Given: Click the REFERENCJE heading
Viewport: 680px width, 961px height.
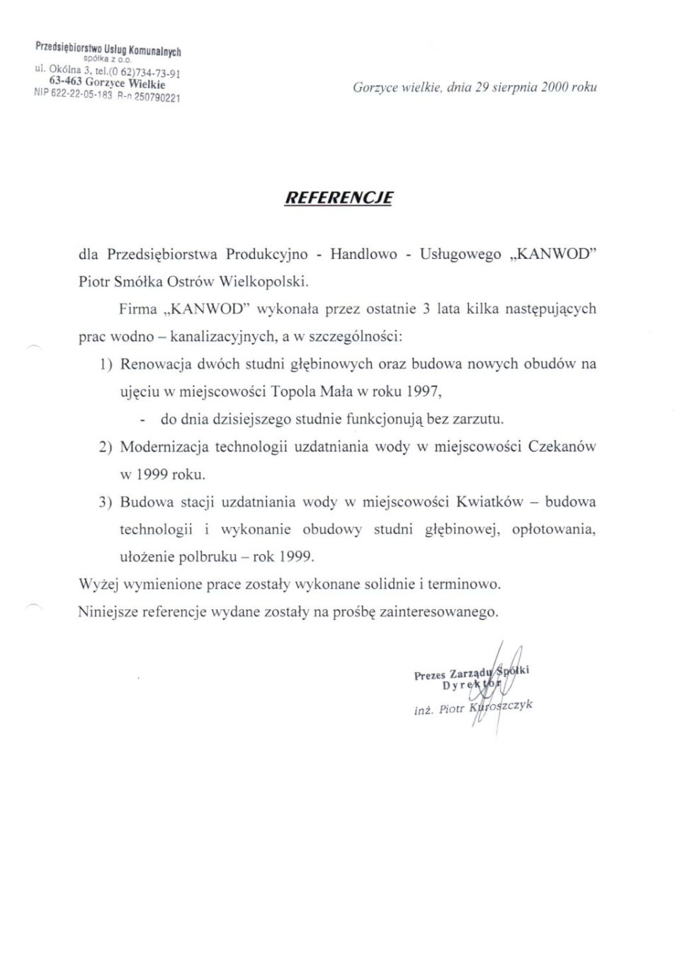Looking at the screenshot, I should pos(339,197).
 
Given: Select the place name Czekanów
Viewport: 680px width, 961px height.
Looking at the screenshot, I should pos(562,447).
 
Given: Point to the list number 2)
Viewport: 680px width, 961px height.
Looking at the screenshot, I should pos(105,447).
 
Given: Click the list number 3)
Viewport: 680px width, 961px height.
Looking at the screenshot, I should pos(105,502).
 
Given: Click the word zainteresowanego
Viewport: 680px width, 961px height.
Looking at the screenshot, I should pos(439,612).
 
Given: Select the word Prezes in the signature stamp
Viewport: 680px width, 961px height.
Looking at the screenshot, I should pos(430,675).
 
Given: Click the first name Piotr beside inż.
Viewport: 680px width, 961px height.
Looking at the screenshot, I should pos(451,708).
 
